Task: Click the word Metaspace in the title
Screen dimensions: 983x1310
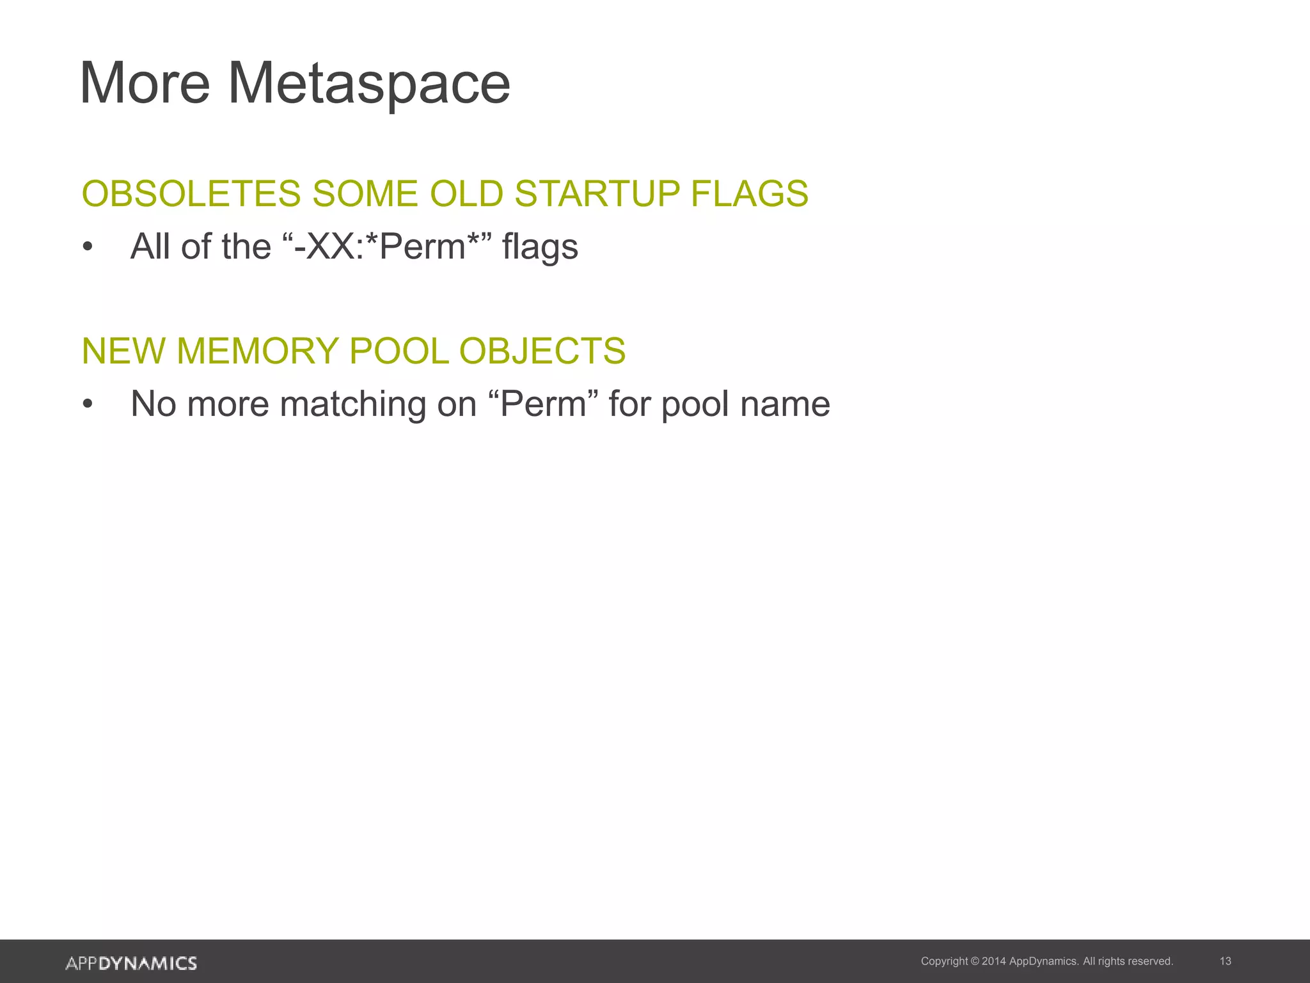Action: (x=369, y=84)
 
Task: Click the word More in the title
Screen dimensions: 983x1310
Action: (x=145, y=84)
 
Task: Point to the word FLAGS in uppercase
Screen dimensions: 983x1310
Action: (x=750, y=194)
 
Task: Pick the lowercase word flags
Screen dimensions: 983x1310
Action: (x=540, y=248)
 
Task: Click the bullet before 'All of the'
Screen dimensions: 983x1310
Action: (x=88, y=247)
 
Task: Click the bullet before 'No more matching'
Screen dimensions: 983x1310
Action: (x=88, y=404)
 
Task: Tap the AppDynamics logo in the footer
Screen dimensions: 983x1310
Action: (x=131, y=963)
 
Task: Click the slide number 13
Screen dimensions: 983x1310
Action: (x=1226, y=961)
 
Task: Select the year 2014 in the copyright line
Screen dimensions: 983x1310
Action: (x=993, y=961)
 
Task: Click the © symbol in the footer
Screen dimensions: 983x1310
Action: (x=975, y=961)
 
